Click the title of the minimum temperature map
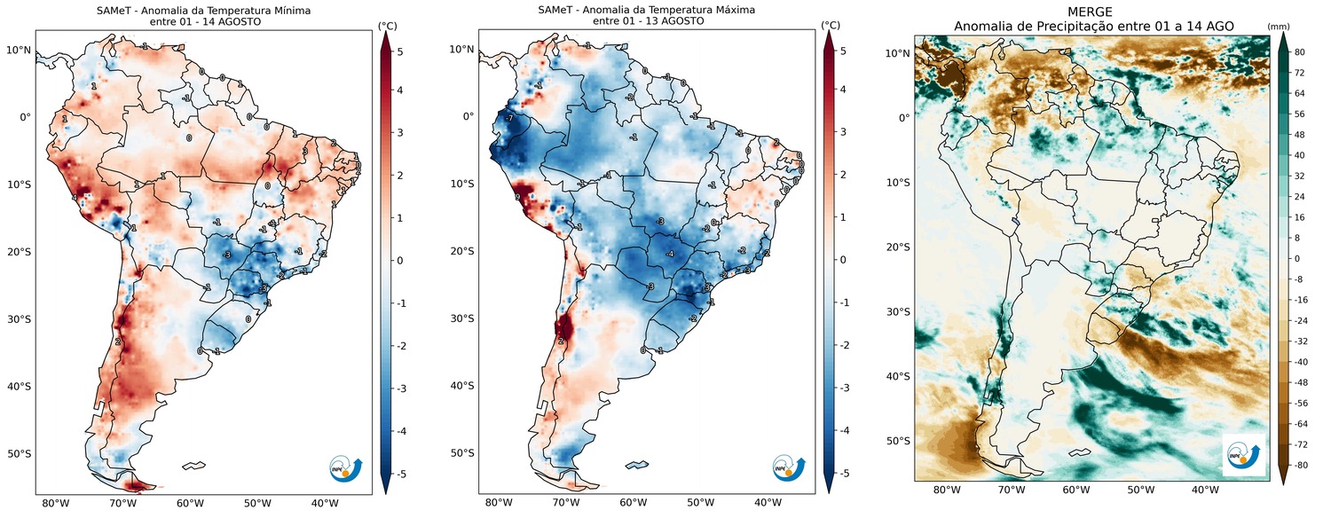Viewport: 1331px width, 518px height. [x=203, y=10]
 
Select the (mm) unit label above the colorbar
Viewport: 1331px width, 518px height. [x=1278, y=26]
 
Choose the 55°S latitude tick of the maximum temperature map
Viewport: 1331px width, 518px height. [x=461, y=453]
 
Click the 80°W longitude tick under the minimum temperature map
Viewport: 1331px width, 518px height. [x=55, y=504]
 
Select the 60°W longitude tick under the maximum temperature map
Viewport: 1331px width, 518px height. [x=633, y=504]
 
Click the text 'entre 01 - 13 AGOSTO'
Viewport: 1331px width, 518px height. [x=647, y=21]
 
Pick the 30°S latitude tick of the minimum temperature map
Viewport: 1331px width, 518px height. [x=19, y=319]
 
